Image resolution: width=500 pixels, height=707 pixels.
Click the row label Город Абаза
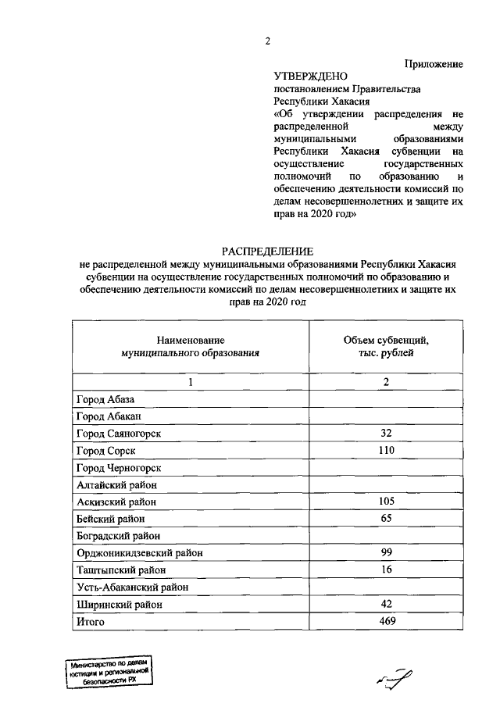pos(105,399)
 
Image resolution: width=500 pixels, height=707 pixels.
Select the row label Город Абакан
pos(108,416)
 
